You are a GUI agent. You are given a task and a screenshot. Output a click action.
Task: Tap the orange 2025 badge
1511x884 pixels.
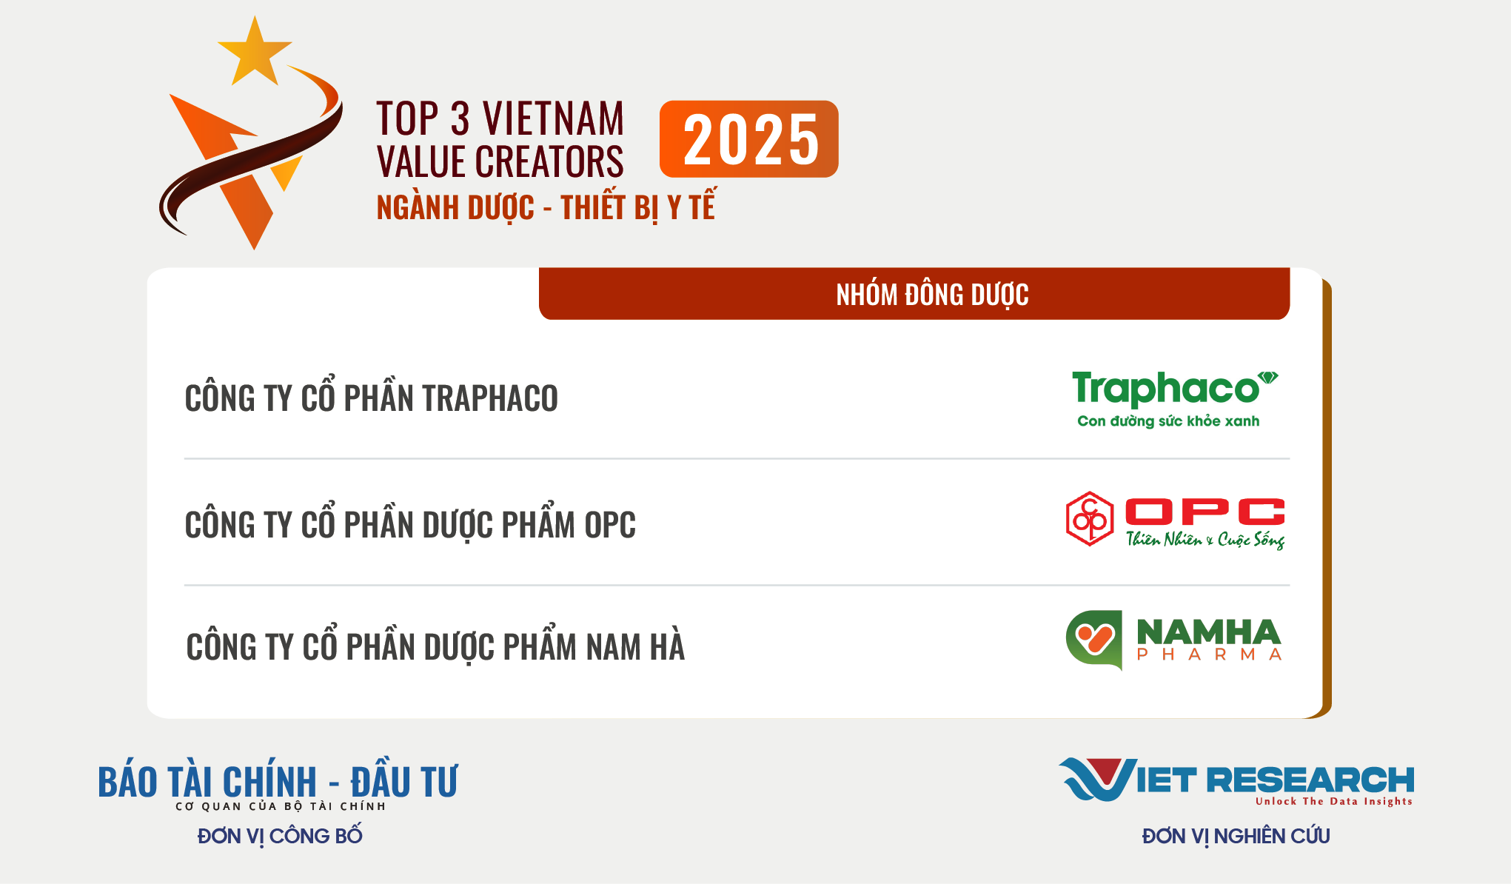coord(748,139)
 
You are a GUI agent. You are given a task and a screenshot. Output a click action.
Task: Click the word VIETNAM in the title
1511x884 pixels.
coord(553,118)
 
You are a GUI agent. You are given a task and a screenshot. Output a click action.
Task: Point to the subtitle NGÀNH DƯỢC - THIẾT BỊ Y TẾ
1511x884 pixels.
coord(546,207)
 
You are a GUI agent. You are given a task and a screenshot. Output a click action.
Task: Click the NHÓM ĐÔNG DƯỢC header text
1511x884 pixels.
coord(932,295)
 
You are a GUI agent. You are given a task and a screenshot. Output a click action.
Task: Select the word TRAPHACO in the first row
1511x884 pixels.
coord(490,398)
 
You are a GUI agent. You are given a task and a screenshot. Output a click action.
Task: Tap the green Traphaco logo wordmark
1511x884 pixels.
coord(1174,388)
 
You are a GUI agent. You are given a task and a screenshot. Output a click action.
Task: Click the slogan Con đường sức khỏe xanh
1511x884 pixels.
coord(1168,421)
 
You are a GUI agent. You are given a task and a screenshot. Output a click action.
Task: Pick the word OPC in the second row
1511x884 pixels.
coord(610,525)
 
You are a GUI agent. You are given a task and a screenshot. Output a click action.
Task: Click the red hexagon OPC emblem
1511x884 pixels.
coord(1090,519)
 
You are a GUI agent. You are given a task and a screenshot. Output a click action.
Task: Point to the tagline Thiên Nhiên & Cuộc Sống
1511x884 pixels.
coord(1205,539)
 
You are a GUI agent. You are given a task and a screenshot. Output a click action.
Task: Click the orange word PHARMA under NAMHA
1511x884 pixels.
coord(1209,654)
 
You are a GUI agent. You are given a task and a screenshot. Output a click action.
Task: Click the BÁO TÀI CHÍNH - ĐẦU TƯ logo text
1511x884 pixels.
coord(278,782)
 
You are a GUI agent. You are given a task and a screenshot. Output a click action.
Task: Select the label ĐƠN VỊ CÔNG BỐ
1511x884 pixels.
coord(280,837)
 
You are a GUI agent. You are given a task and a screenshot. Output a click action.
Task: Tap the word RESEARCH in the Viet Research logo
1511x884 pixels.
coord(1310,780)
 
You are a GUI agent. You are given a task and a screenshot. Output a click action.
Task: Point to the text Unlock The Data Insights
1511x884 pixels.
coord(1334,801)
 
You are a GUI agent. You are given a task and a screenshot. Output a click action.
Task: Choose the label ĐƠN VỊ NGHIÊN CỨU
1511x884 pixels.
coord(1236,837)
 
